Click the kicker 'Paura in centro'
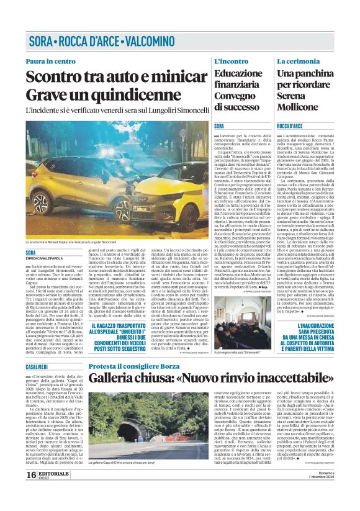pos(51,61)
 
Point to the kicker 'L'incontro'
pos(231,61)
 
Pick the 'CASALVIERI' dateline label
pos(37,368)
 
